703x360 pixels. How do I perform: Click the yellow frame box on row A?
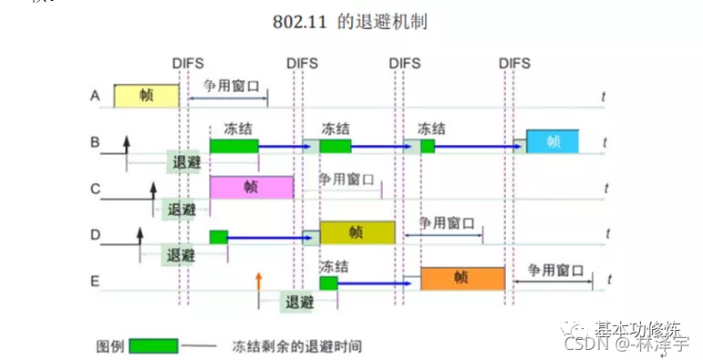coord(146,96)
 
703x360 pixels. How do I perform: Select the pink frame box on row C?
coord(252,187)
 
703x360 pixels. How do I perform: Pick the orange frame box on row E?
coord(462,278)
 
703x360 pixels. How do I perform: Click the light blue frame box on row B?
coord(552,141)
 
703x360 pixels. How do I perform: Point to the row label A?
coord(95,96)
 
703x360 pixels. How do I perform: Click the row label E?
coord(95,281)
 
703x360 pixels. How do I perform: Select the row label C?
coord(95,190)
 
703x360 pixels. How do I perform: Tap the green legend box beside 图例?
coord(153,346)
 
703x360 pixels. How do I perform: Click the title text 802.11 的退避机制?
coord(350,21)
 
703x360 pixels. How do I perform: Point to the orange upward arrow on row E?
coord(259,281)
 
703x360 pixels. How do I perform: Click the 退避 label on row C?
coord(181,209)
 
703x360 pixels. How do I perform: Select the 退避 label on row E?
coord(299,302)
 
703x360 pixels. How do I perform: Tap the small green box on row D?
coord(219,237)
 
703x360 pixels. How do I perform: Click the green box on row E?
coord(328,283)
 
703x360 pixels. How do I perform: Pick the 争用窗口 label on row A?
coord(232,86)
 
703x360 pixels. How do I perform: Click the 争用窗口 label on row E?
coord(555,271)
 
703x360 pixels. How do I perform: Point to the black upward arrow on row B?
coord(127,144)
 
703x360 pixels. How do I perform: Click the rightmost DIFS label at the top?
coord(515,63)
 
